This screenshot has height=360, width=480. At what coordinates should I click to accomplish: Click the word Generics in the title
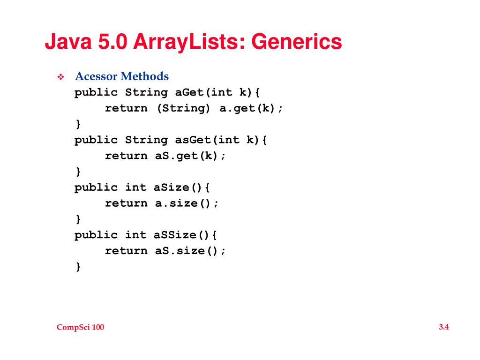click(297, 42)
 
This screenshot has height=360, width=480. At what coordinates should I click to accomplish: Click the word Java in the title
click(68, 42)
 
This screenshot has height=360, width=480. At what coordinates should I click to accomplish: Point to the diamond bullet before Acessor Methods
click(60, 77)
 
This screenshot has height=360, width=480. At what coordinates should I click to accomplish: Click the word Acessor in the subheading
click(96, 76)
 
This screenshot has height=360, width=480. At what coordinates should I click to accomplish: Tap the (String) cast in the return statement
click(183, 108)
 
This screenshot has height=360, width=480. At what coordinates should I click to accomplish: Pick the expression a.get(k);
click(251, 108)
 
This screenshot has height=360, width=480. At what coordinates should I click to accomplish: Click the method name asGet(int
click(207, 140)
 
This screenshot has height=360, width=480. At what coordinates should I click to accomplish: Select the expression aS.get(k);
click(190, 156)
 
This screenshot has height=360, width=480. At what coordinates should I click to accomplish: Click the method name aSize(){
click(182, 187)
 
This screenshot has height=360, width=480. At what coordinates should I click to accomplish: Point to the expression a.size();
click(187, 203)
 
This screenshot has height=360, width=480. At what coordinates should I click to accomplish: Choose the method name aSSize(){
click(186, 235)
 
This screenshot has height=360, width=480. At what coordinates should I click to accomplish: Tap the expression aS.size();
click(190, 251)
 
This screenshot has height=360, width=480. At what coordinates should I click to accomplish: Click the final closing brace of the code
click(78, 267)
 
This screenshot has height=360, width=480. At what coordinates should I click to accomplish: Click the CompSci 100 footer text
click(80, 328)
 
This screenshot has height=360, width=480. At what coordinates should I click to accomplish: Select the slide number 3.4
click(444, 327)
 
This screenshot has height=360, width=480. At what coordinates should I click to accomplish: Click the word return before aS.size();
click(126, 251)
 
